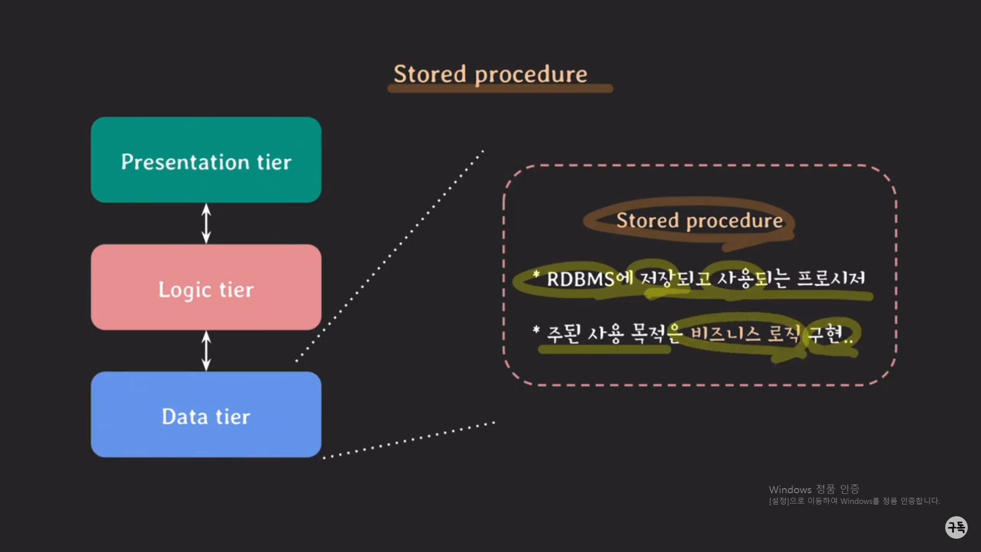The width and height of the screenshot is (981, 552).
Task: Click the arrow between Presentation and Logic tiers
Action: [206, 223]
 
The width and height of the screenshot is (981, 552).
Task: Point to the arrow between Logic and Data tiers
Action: [206, 351]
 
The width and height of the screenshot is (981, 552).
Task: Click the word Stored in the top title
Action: [430, 74]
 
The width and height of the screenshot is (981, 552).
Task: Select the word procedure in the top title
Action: [531, 75]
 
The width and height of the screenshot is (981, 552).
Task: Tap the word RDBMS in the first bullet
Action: [580, 279]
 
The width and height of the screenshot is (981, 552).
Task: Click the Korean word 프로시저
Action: [831, 278]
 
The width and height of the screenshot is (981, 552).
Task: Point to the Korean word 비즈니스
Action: [726, 334]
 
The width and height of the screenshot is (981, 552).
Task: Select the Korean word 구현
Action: [825, 334]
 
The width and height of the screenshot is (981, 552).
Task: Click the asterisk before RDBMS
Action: [536, 274]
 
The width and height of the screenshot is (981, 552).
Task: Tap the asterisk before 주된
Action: [536, 330]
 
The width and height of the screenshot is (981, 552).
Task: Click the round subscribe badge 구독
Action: [956, 527]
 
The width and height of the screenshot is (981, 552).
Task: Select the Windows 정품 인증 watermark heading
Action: [814, 489]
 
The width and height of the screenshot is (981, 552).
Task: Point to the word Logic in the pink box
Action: [184, 290]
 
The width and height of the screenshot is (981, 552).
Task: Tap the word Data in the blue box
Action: [184, 417]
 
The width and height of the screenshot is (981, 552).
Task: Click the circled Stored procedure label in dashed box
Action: [699, 221]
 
